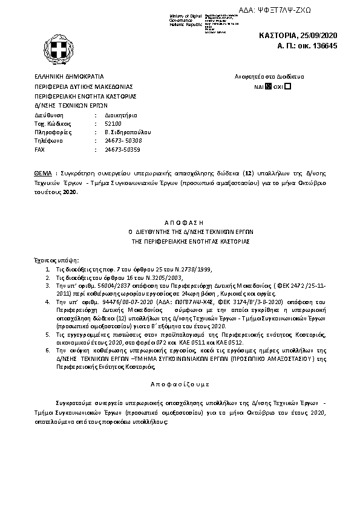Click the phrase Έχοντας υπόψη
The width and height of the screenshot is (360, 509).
coord(54,257)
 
